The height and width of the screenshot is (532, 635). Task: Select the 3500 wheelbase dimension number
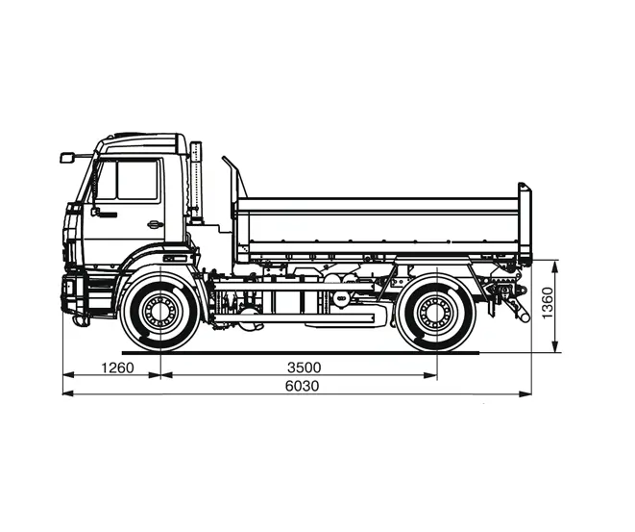(304, 367)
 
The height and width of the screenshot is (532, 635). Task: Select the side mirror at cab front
(67, 157)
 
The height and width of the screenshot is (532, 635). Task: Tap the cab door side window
(137, 180)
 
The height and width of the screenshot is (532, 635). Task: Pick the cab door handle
(154, 225)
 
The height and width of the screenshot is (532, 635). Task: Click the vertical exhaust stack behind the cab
(196, 183)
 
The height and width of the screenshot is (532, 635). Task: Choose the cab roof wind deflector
(144, 142)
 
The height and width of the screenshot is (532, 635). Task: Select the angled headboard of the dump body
(233, 178)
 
